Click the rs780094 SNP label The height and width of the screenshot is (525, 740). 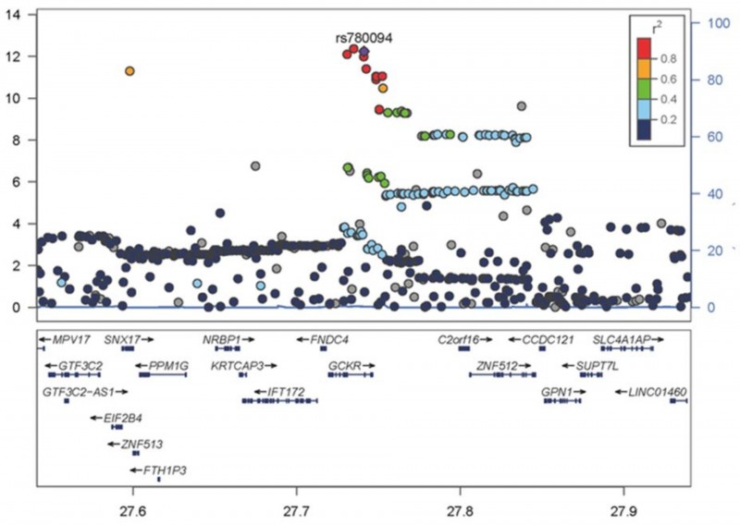pyautogui.click(x=364, y=39)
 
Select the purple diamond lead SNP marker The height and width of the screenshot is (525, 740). pyautogui.click(x=364, y=52)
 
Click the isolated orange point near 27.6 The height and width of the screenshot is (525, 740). pyautogui.click(x=130, y=71)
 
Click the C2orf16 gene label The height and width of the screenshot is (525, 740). pyautogui.click(x=459, y=340)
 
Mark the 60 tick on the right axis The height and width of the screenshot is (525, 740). pyautogui.click(x=705, y=137)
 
